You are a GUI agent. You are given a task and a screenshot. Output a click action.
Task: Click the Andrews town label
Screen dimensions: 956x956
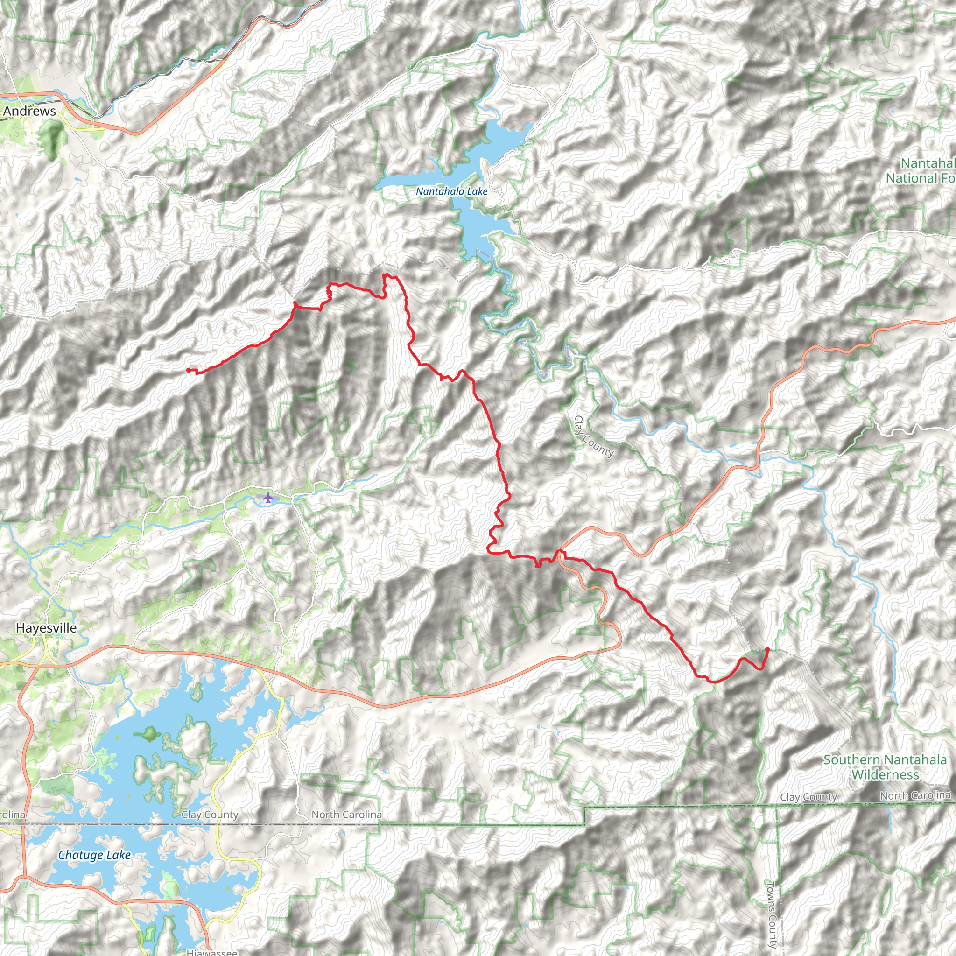tap(29, 111)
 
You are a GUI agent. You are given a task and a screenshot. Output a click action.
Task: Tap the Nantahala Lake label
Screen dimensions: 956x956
tap(451, 191)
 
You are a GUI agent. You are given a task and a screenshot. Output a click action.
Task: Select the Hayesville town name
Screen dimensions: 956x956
tap(46, 628)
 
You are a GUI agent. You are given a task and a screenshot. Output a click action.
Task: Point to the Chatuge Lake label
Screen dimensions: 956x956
tap(94, 855)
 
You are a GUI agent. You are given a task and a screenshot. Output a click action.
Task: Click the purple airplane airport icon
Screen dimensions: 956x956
tap(267, 497)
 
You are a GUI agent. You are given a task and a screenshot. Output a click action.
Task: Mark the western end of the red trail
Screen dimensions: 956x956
tap(188, 370)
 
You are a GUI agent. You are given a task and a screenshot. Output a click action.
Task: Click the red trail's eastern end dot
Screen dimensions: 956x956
tap(767, 649)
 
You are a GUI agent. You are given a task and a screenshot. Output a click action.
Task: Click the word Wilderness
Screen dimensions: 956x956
tap(885, 774)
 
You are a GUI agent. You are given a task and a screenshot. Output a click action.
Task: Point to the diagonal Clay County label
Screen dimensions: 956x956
tap(594, 436)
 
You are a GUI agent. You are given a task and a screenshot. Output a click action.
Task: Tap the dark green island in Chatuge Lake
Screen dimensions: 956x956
tap(148, 734)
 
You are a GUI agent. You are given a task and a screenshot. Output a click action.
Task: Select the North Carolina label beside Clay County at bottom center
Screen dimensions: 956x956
tap(346, 815)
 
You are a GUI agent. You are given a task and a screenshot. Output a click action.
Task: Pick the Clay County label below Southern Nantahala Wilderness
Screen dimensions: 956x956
tap(808, 797)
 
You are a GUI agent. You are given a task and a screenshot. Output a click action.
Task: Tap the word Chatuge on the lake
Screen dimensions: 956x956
tap(75, 855)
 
